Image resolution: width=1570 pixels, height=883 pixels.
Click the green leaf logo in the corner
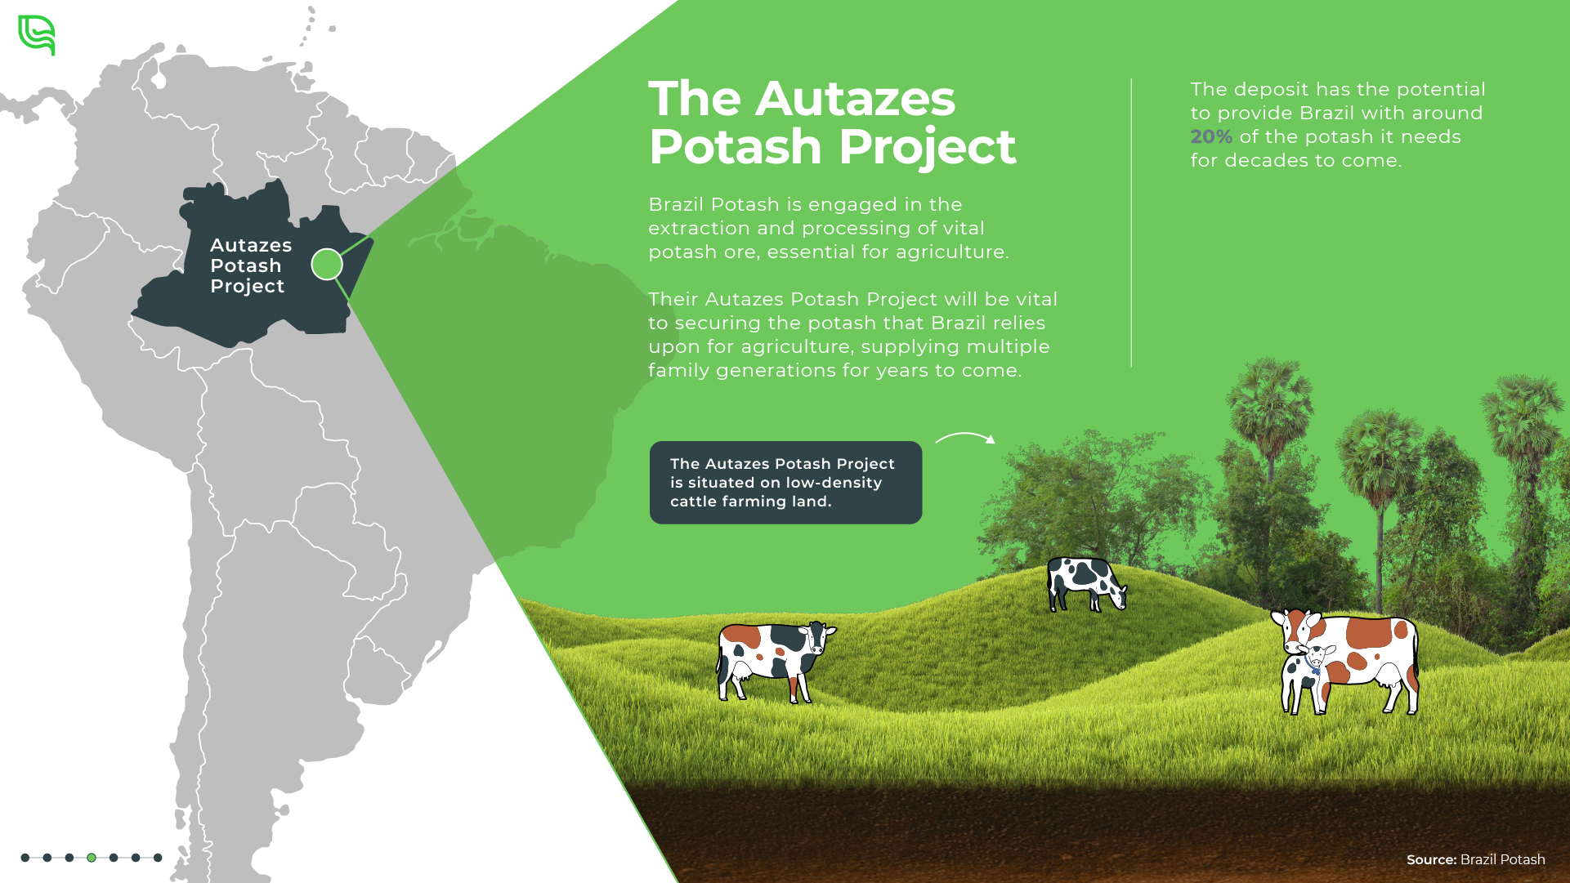pyautogui.click(x=37, y=35)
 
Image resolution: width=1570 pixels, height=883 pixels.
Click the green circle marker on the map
pyautogui.click(x=327, y=264)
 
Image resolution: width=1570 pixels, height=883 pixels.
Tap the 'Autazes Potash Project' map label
pyautogui.click(x=250, y=265)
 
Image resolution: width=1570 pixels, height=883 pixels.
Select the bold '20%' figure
pyautogui.click(x=1210, y=136)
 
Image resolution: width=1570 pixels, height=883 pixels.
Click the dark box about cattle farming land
pyautogui.click(x=785, y=483)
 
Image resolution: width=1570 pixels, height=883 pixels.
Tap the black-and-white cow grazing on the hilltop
pyautogui.click(x=1087, y=584)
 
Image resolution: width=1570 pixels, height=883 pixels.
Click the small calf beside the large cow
pyautogui.click(x=1307, y=679)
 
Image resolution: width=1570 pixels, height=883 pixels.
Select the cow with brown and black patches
pyautogui.click(x=775, y=661)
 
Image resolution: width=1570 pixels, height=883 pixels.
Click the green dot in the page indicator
pyautogui.click(x=92, y=858)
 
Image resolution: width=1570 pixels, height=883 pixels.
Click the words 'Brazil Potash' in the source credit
pyautogui.click(x=1502, y=859)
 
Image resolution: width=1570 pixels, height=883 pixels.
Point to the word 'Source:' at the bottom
pyautogui.click(x=1431, y=859)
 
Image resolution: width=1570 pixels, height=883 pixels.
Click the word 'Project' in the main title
pyautogui.click(x=927, y=147)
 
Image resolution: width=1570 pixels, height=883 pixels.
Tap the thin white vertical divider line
pyautogui.click(x=1131, y=222)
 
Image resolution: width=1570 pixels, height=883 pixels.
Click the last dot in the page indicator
pyautogui.click(x=158, y=858)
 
